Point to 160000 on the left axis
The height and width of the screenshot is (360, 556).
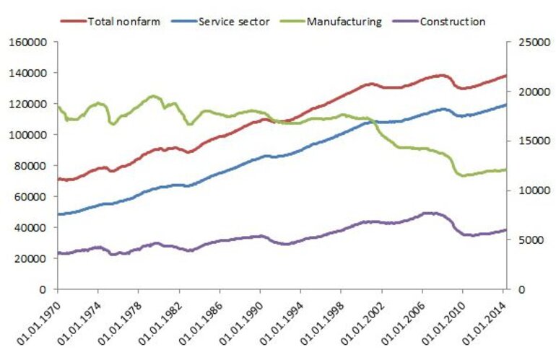pos(30,43)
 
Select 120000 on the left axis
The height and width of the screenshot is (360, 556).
pos(30,104)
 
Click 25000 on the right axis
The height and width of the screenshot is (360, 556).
pos(526,43)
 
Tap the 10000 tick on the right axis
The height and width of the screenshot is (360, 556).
pos(526,190)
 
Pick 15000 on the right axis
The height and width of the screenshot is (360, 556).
pos(526,141)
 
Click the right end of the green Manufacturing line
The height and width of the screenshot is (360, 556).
pos(505,170)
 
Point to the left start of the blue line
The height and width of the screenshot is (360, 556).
pos(58,214)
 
